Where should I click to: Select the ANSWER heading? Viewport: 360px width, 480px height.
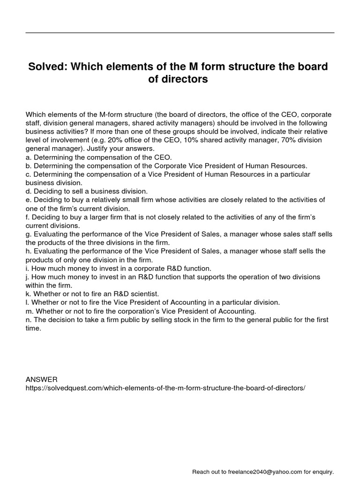[x=41, y=379]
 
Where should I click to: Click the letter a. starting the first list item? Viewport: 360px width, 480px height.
[x=28, y=157]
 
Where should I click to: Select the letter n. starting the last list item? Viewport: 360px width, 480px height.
[x=28, y=320]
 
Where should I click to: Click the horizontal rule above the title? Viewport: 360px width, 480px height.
[x=180, y=33]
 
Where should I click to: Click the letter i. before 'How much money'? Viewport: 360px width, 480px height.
[x=27, y=268]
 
